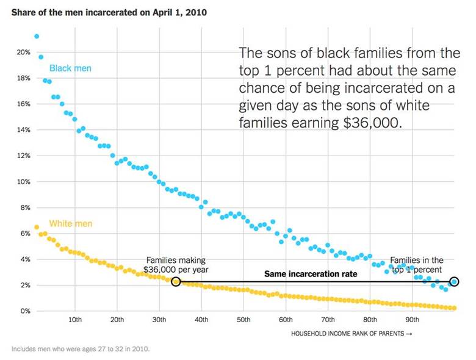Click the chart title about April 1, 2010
[x=109, y=12]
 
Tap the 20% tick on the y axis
[x=23, y=52]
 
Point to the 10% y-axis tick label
[x=23, y=182]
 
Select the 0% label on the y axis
[x=26, y=311]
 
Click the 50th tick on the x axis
[x=243, y=320]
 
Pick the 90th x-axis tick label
[x=413, y=320]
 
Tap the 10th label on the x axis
[x=75, y=320]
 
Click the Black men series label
[x=70, y=68]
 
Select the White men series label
[x=71, y=224]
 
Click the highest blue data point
[x=37, y=37]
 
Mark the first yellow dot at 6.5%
[x=37, y=227]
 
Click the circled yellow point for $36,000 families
[x=176, y=282]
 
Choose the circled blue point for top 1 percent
[x=454, y=282]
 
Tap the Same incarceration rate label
[x=311, y=274]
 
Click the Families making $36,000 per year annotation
[x=176, y=265]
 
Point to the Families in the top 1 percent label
[x=416, y=265]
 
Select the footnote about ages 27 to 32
[x=81, y=349]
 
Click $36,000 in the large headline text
[x=372, y=123]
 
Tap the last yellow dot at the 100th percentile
[x=454, y=308]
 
